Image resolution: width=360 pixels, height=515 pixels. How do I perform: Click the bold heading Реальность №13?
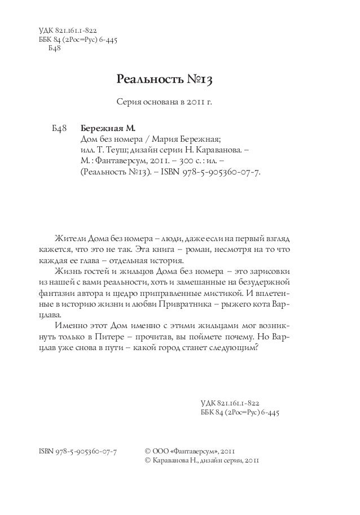click(164, 79)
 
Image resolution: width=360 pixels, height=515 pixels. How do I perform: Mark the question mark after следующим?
click(257, 347)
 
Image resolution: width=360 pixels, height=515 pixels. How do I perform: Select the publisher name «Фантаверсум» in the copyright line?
click(192, 451)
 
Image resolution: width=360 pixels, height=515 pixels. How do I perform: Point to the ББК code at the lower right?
click(240, 413)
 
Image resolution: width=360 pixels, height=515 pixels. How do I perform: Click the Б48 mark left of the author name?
click(59, 128)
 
